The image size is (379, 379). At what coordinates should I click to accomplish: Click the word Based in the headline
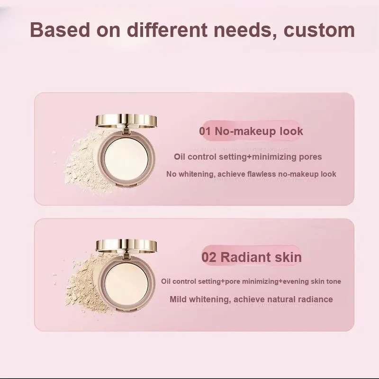[60, 30]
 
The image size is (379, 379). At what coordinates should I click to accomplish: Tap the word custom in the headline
[319, 30]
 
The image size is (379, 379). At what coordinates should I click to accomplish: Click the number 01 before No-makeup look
[205, 131]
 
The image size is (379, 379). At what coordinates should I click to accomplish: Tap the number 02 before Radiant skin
[208, 257]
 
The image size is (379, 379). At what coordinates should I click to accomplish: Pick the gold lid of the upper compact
[126, 120]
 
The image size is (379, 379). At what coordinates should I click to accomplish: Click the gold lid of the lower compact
[126, 246]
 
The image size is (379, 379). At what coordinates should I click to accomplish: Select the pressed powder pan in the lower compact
[126, 284]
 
